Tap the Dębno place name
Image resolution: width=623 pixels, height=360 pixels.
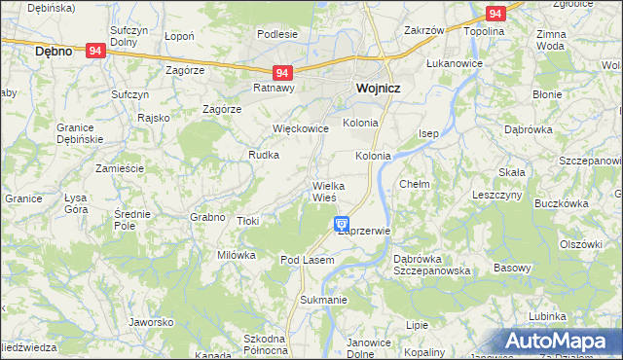click(x=54, y=51)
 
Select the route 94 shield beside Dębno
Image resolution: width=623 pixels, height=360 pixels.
click(x=95, y=51)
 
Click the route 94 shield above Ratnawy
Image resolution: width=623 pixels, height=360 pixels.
click(x=282, y=73)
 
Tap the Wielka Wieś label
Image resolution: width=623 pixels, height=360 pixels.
click(x=323, y=192)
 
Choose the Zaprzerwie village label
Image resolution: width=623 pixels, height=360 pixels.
click(x=363, y=232)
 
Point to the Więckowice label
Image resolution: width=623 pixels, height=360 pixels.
click(x=301, y=127)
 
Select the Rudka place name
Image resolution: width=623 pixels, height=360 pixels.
click(x=264, y=155)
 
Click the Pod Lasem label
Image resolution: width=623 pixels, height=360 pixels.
click(x=307, y=260)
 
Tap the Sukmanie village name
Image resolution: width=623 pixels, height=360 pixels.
click(x=323, y=300)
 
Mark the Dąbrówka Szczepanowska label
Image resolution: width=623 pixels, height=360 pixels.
click(x=432, y=265)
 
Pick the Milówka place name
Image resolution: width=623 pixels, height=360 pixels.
click(x=236, y=255)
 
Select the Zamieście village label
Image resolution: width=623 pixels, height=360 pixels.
click(x=120, y=168)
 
